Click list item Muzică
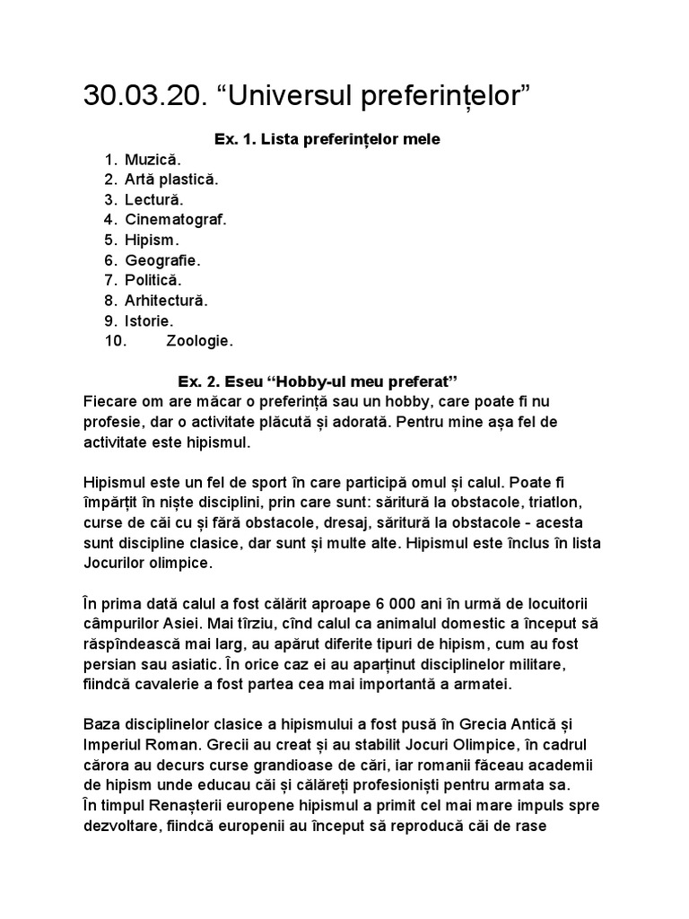click(153, 160)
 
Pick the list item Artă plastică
click(171, 179)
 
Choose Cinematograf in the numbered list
click(176, 219)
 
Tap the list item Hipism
click(153, 240)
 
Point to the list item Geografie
click(163, 260)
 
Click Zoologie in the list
click(200, 341)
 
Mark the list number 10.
click(116, 341)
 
